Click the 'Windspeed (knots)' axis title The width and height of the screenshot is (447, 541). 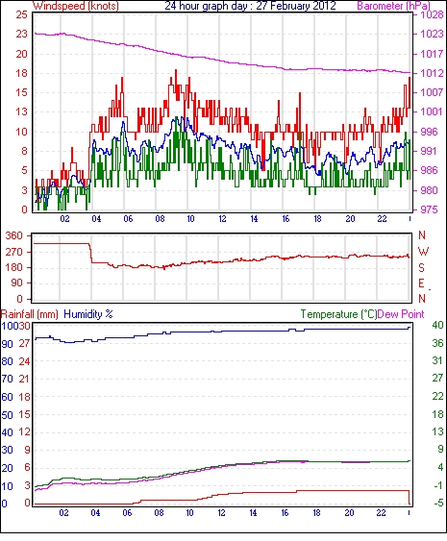(76, 6)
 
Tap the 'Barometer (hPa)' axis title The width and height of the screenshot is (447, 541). (394, 6)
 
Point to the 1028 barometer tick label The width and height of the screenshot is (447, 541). (432, 14)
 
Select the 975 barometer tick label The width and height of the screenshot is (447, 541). (429, 209)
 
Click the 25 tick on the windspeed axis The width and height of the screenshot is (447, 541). (21, 14)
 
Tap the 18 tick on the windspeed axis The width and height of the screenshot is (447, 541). (21, 73)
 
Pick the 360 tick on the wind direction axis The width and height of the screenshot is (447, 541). (14, 236)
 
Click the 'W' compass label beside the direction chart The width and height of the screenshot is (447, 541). (423, 252)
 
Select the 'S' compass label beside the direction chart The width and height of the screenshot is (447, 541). (421, 267)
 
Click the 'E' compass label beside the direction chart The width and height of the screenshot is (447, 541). (421, 283)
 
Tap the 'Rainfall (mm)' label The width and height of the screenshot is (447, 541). (30, 314)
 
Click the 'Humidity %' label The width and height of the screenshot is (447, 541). (88, 314)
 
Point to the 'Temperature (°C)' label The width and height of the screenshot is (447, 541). (338, 314)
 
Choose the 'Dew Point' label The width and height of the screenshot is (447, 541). (401, 314)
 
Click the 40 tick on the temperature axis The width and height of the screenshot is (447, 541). (437, 325)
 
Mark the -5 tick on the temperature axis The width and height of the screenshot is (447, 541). (437, 504)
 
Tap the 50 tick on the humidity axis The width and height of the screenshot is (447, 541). (8, 415)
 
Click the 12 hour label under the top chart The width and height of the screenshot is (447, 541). (222, 219)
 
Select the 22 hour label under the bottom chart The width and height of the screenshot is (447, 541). (381, 513)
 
